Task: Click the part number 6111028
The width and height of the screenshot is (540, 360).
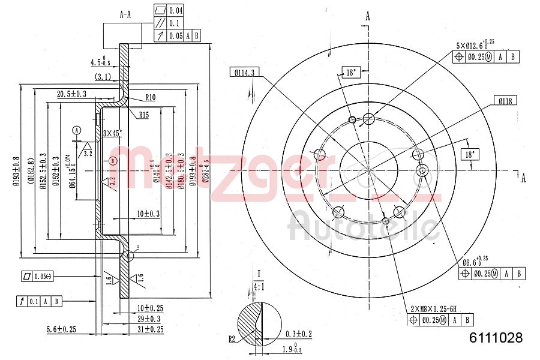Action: pos(496,338)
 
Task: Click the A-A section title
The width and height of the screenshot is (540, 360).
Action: pos(125,14)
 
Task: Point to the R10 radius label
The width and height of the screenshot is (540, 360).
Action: pos(150,97)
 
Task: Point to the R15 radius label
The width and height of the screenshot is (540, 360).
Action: pos(144,115)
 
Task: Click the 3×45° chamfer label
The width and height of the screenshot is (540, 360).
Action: pos(112,133)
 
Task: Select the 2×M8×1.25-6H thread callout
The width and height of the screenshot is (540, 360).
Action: pos(430,308)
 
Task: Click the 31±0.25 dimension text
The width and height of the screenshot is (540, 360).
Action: pos(151,329)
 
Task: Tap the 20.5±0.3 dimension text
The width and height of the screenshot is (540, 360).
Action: pos(71,94)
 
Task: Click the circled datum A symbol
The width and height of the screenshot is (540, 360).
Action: pos(77,130)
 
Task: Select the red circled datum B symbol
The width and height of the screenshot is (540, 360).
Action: pos(114,160)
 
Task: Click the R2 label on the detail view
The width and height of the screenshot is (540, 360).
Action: pos(232,339)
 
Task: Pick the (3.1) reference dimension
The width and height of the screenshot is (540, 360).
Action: pos(104,76)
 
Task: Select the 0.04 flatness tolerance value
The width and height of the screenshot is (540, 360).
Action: pos(176,10)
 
